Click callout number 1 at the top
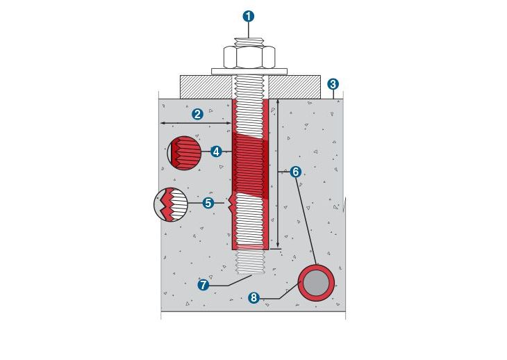tap(249, 16)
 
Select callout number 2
tap(197, 114)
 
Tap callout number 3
tap(333, 84)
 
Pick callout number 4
tap(216, 151)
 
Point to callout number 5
tap(208, 203)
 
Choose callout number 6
tap(295, 172)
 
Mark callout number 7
tap(203, 285)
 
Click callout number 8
tap(253, 297)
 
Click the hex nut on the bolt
tap(249, 57)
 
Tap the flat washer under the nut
tap(249, 71)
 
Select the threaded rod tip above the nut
tap(249, 42)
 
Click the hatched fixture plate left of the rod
tap(206, 87)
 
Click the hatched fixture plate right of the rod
tap(294, 87)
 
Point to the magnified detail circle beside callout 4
tap(184, 153)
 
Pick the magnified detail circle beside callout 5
tap(171, 204)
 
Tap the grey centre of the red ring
tap(316, 283)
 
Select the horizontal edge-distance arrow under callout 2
tap(196, 123)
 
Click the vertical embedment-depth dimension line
tap(278, 173)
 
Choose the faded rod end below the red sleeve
tap(251, 262)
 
